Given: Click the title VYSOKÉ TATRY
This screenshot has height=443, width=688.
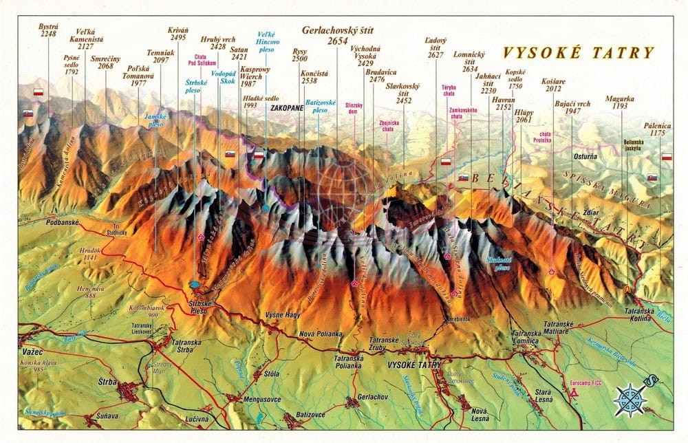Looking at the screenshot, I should click(x=578, y=53).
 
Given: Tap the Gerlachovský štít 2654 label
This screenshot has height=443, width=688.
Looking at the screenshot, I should click(x=336, y=36).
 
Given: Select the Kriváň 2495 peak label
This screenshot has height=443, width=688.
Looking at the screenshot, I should click(x=178, y=34).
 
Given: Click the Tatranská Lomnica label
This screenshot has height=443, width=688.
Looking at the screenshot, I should click(x=529, y=338).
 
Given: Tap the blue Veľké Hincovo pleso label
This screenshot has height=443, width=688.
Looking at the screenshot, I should click(x=267, y=41).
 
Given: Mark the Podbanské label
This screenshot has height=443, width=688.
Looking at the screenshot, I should click(x=65, y=224).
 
